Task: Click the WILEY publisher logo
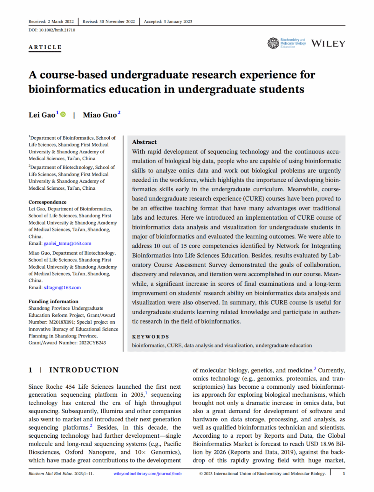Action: coord(328,44)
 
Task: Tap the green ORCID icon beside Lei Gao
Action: coord(63,114)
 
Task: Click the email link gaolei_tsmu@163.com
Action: coord(67,243)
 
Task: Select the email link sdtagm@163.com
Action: coord(62,288)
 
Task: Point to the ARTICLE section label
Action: coord(45,47)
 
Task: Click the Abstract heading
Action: coord(144,142)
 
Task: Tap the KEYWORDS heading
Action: coord(150,337)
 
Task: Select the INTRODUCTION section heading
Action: coord(84,370)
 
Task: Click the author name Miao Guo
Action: coord(99,115)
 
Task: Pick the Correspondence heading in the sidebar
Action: coord(47,202)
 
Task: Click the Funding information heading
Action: coord(53,301)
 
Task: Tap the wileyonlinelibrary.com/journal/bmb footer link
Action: coord(147,474)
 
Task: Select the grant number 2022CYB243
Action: coord(93,343)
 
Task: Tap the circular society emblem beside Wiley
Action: coord(273,43)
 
